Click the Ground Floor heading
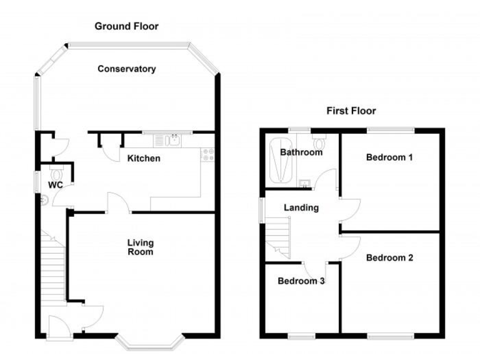point(126,26)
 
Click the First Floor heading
point(351,111)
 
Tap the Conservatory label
point(126,69)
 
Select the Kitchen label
point(144,159)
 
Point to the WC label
point(56,185)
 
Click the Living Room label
point(141,247)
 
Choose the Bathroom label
point(301,152)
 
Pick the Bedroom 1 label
point(389,157)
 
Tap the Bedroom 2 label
point(389,257)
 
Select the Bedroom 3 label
point(301,281)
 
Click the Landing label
point(301,208)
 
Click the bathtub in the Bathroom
point(279,162)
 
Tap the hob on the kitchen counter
point(207,154)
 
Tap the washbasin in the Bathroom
point(305,182)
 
